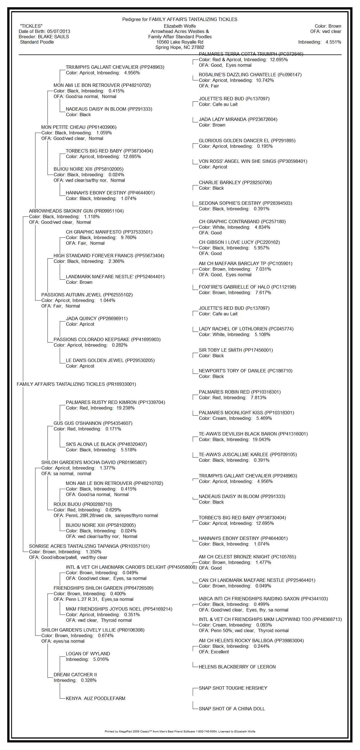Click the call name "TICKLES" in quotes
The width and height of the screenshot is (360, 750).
(31, 26)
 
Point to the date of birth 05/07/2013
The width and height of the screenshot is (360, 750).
(58, 32)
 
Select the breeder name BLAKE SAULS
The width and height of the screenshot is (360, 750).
(53, 37)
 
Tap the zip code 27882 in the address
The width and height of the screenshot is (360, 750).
(198, 47)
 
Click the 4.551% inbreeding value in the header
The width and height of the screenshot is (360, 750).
(333, 42)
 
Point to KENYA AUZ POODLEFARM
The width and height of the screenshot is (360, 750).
(96, 699)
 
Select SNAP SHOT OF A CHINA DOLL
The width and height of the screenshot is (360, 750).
(232, 709)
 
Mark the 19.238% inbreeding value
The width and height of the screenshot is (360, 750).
(125, 408)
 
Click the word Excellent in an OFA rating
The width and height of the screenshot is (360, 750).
(220, 652)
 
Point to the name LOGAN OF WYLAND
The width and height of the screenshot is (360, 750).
(88, 654)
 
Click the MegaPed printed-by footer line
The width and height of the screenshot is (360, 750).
(180, 731)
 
